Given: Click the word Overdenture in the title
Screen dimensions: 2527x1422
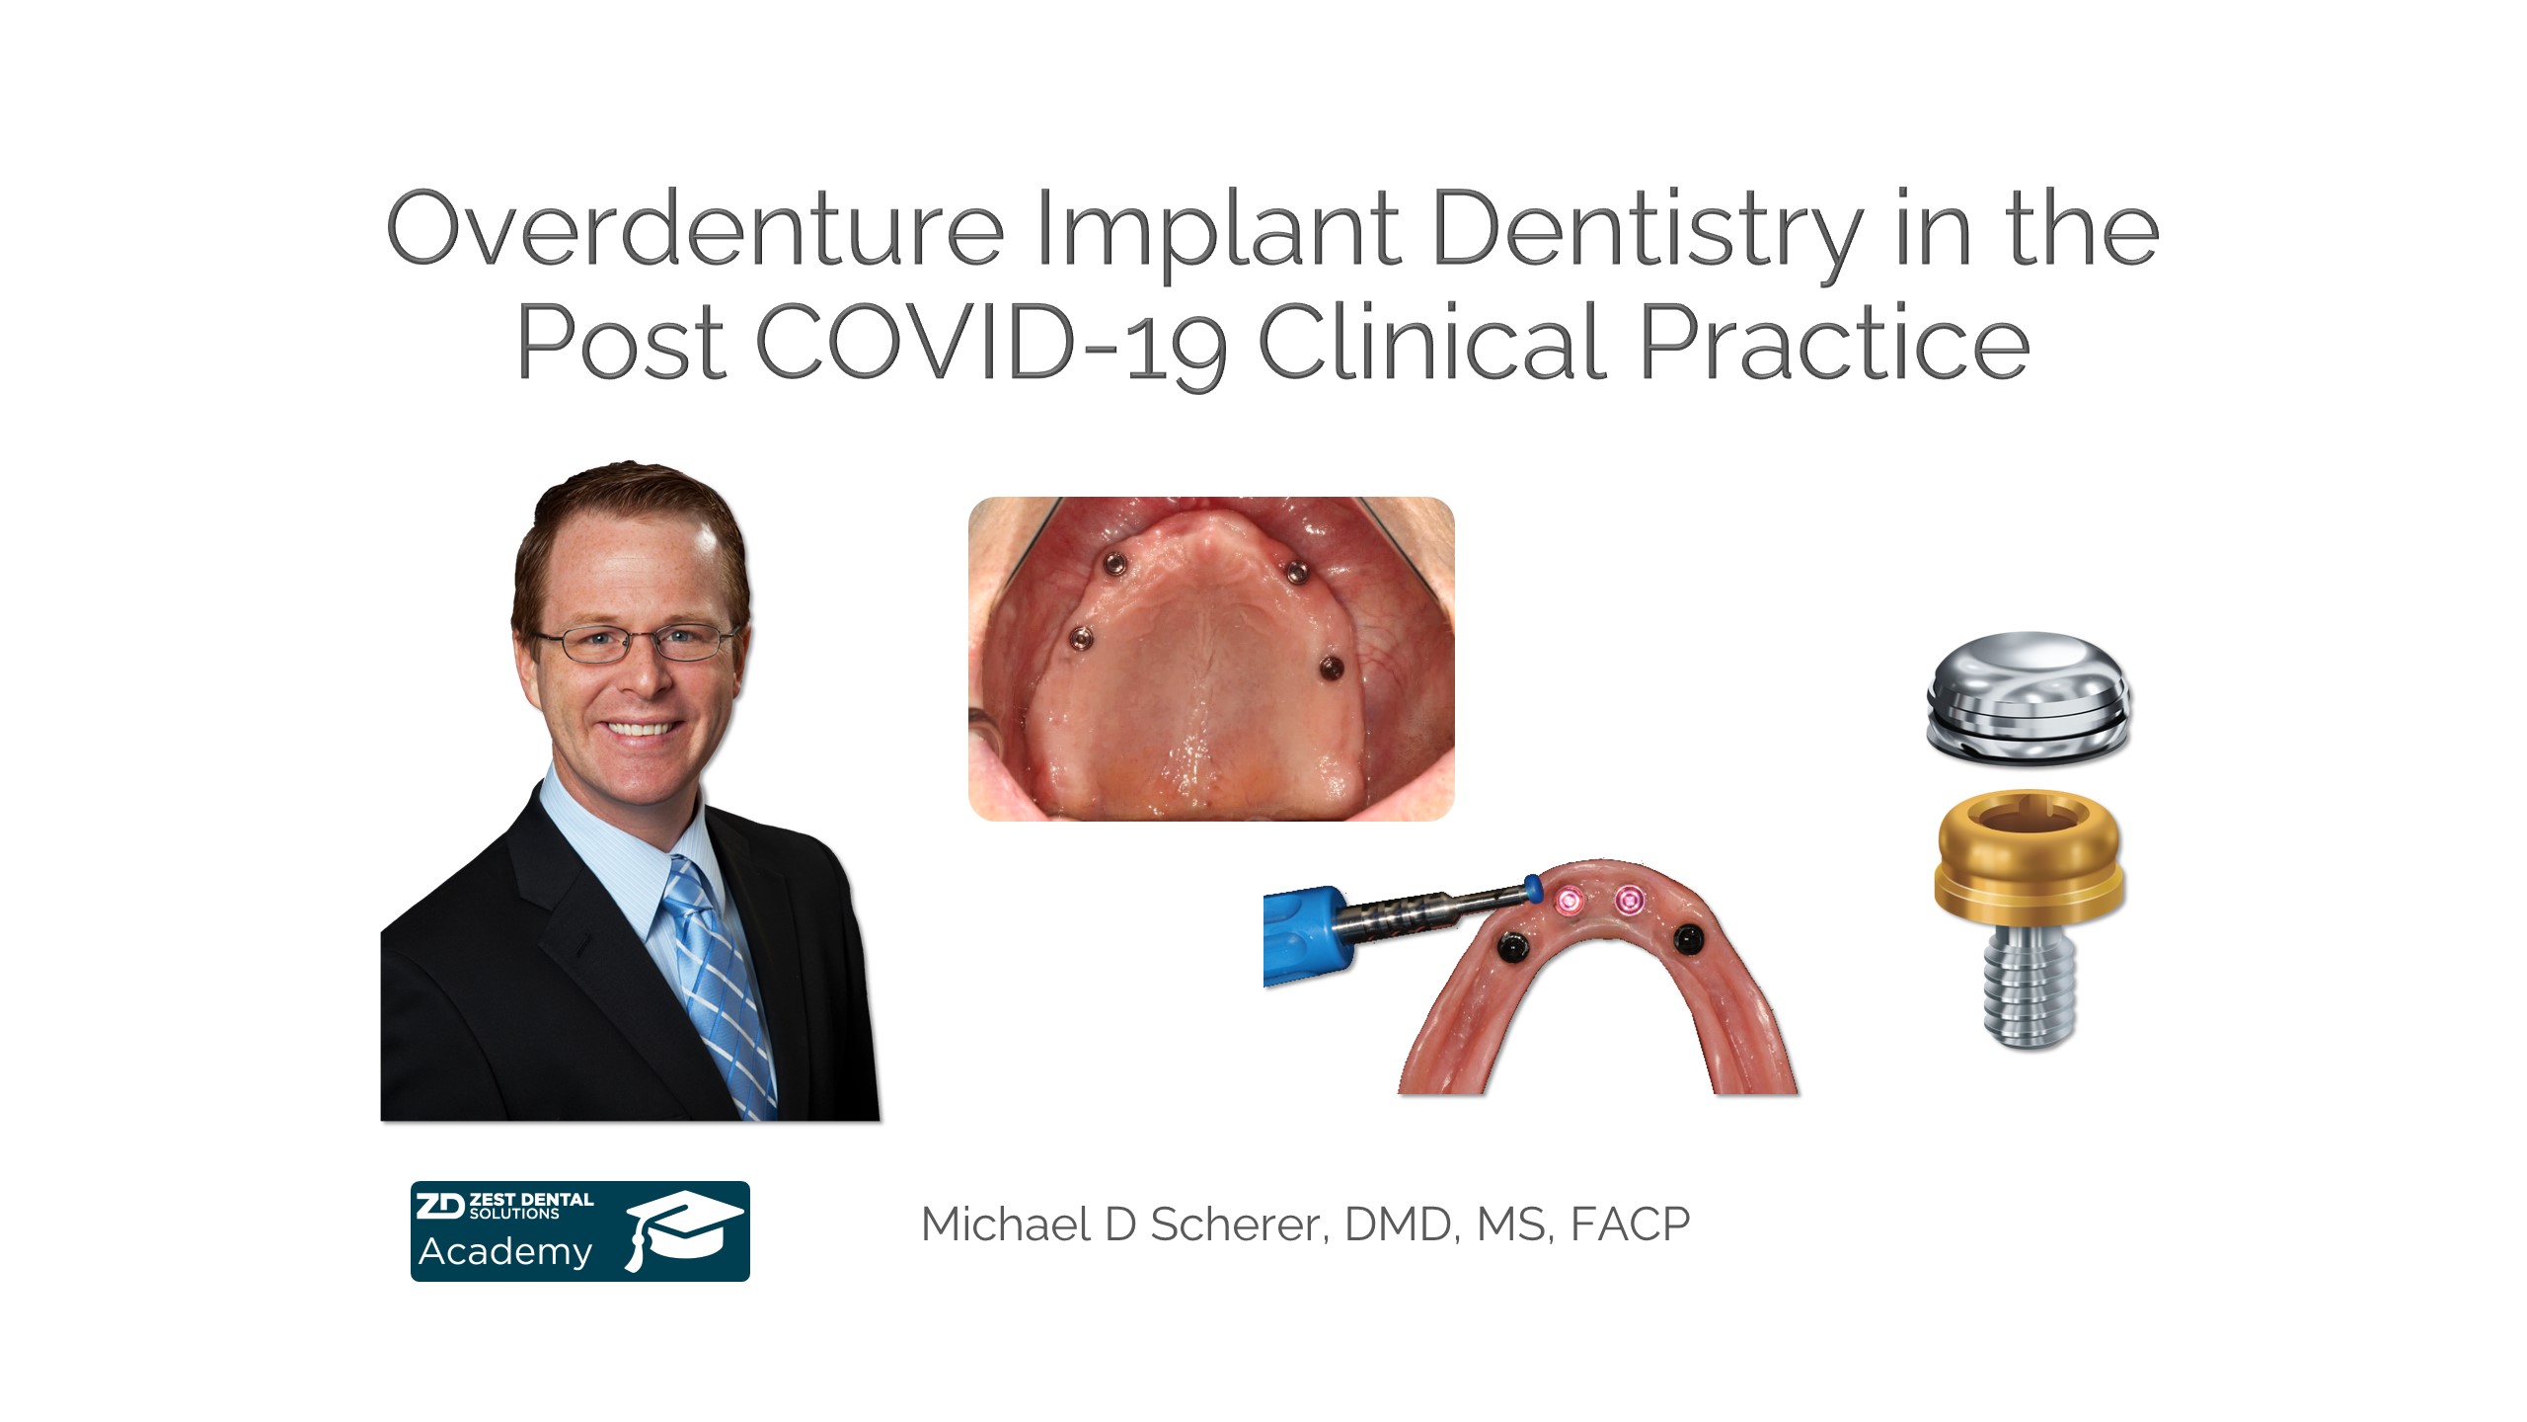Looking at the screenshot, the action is [x=695, y=229].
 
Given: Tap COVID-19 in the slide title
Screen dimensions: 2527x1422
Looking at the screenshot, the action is [x=992, y=342].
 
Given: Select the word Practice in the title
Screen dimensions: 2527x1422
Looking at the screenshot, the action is [x=1834, y=341].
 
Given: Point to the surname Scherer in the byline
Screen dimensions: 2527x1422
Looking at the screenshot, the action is [x=1233, y=1224].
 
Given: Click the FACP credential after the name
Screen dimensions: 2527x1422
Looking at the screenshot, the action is [x=1630, y=1224].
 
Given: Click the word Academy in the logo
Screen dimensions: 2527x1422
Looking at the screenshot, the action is [x=505, y=1252].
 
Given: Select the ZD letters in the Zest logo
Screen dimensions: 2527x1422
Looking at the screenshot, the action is [x=439, y=1206].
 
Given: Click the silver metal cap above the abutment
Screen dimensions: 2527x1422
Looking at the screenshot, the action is [x=2029, y=696].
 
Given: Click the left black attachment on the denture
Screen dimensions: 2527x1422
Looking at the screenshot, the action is [x=1510, y=946].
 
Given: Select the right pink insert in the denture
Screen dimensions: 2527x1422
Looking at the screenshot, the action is [x=1629, y=900].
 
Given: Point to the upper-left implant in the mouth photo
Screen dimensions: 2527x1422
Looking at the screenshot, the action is [x=1114, y=563].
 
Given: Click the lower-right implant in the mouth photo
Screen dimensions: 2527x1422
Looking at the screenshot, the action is [x=1331, y=669].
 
